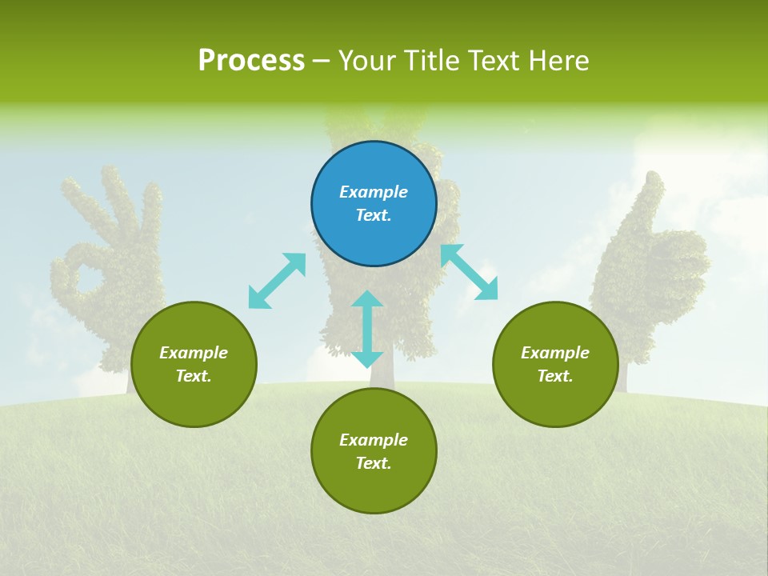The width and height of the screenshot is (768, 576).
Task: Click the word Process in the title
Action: tap(251, 61)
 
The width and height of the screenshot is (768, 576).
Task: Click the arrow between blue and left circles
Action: tap(277, 281)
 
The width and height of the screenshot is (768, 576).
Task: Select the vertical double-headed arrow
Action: tap(367, 329)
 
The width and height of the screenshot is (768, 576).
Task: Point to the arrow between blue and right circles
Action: tap(469, 272)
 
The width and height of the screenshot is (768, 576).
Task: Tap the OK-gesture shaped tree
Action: tap(108, 264)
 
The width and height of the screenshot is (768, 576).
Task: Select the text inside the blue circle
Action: tap(374, 203)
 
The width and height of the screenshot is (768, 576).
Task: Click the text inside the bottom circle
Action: tap(374, 451)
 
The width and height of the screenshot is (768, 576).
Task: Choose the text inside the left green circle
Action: tap(194, 364)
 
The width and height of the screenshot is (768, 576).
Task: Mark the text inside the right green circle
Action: tap(555, 364)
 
